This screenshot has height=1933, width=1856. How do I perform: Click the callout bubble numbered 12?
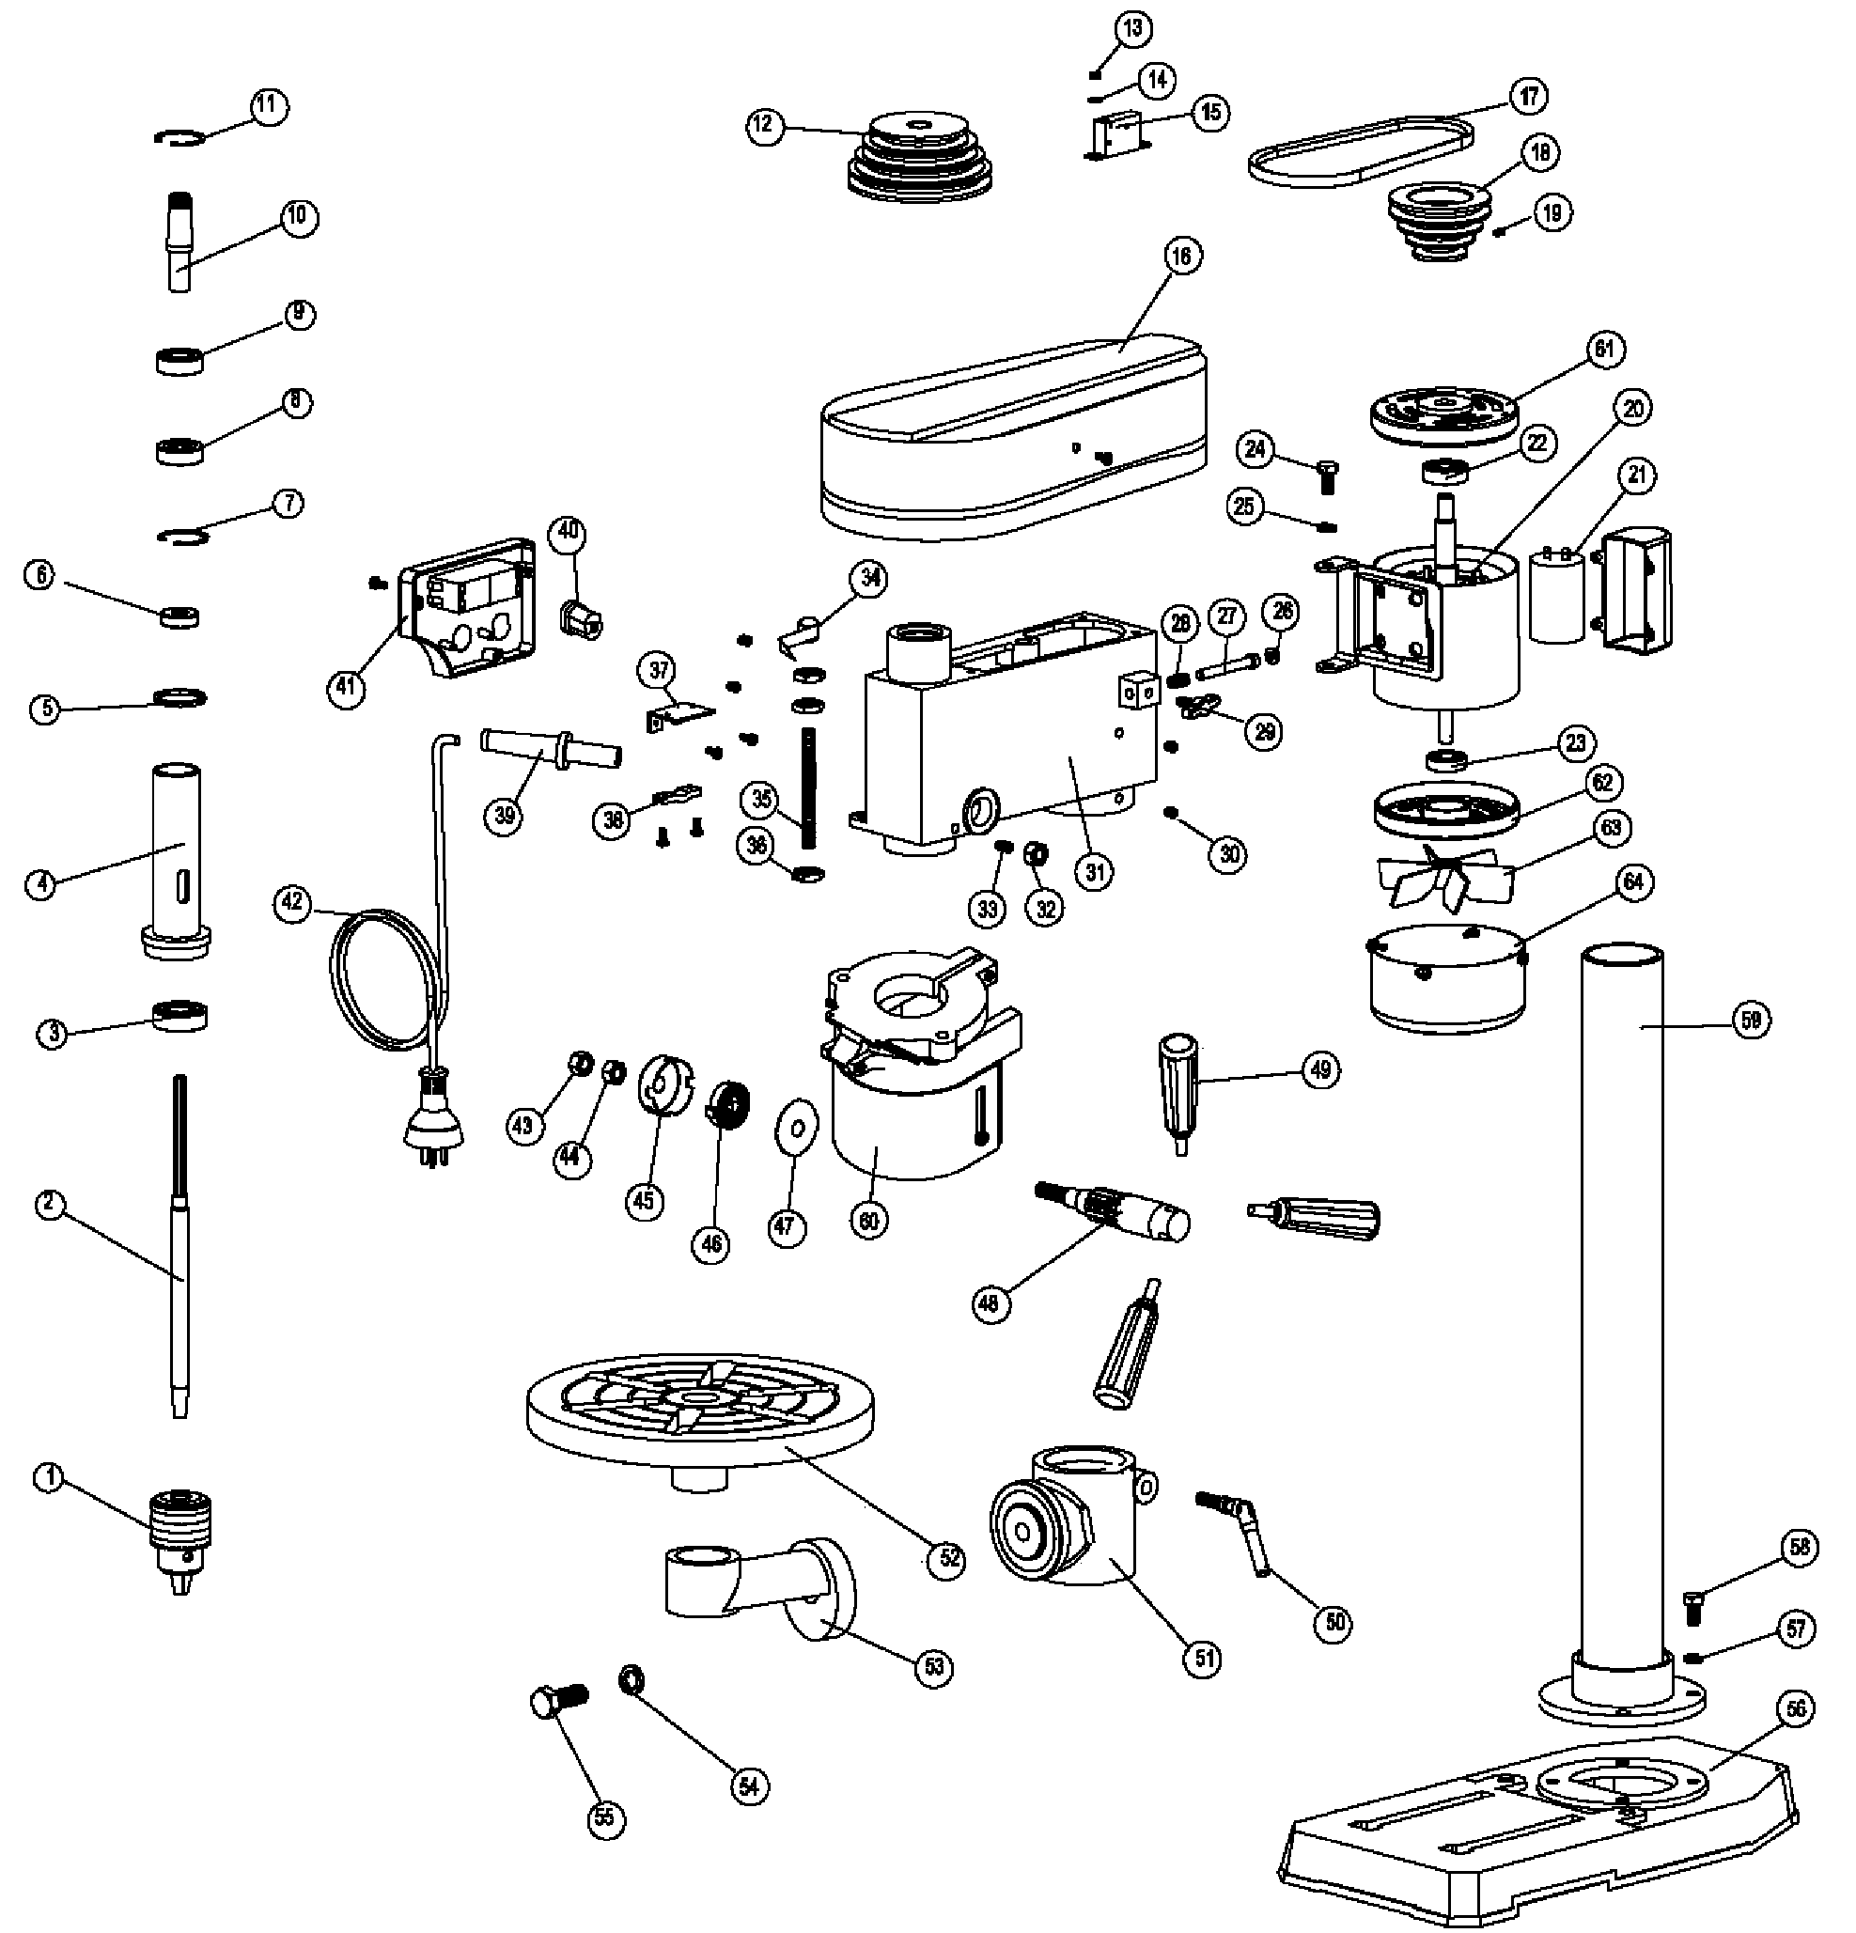[x=763, y=125]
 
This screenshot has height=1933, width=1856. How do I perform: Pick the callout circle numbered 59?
[x=1751, y=1020]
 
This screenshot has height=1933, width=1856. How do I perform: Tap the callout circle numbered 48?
[x=990, y=1303]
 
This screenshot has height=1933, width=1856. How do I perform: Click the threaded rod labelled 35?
[x=809, y=786]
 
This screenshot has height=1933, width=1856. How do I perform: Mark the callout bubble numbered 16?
[x=1181, y=257]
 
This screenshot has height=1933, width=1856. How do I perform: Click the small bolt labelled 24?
[x=1329, y=476]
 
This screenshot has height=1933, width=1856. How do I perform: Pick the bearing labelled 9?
[x=180, y=359]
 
